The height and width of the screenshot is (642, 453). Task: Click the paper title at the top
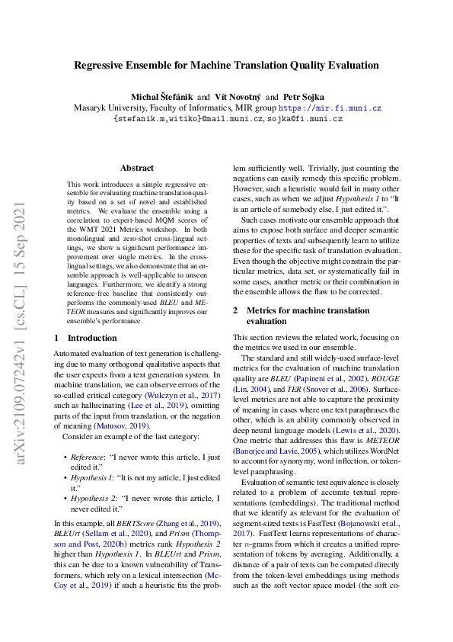point(226,66)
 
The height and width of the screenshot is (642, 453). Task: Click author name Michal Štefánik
point(161,98)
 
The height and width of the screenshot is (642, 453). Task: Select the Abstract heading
point(137,168)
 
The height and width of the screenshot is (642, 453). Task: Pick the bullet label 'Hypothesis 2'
point(93,499)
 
